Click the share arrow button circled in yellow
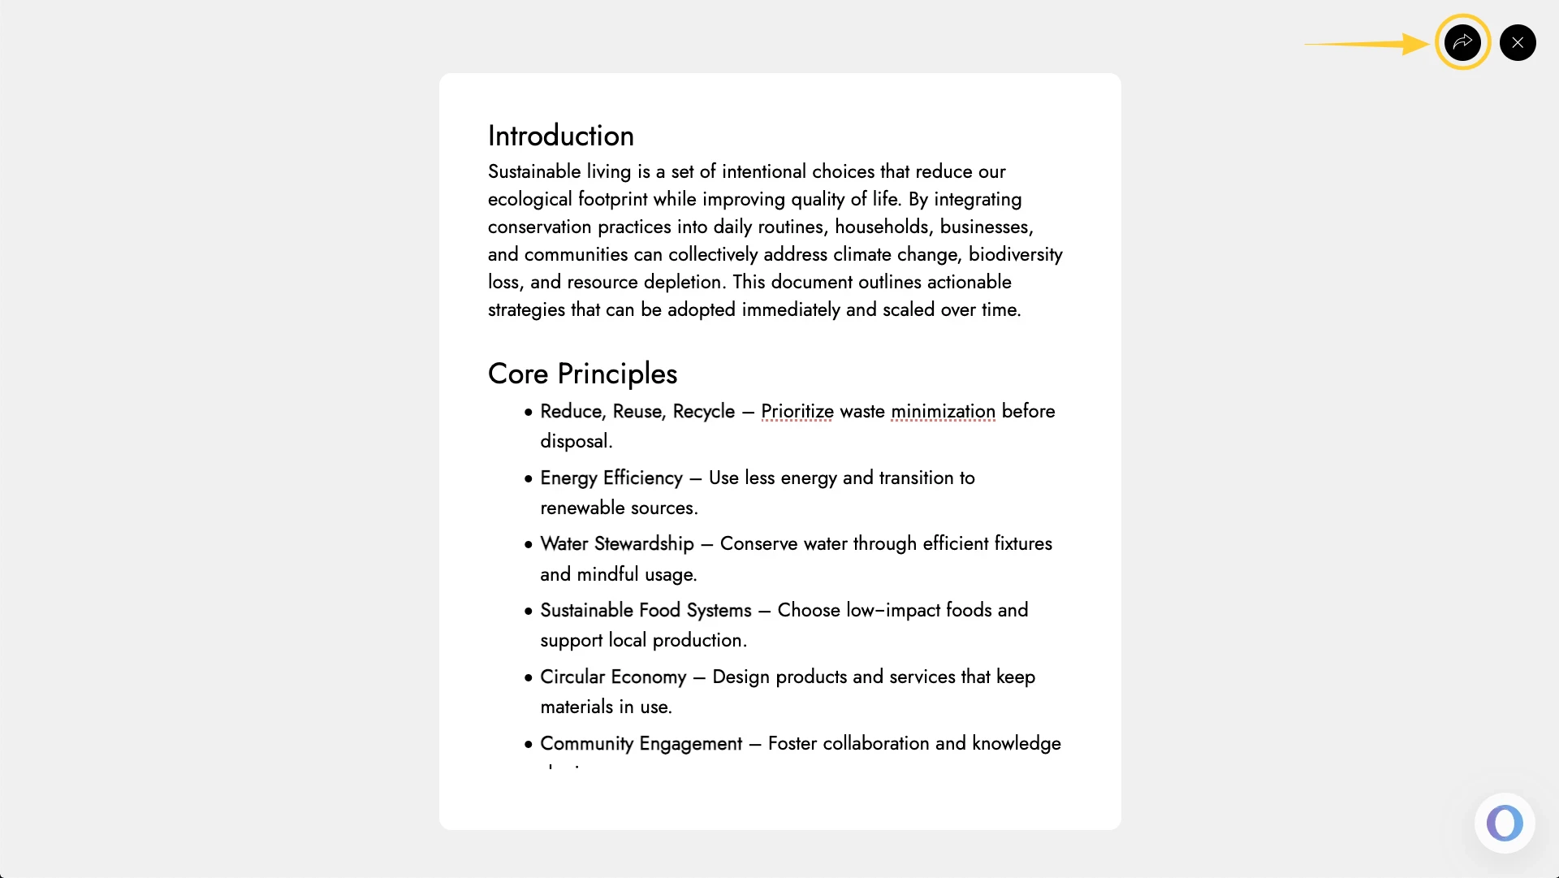pos(1462,42)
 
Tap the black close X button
pos(1518,42)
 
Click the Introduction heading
pos(560,136)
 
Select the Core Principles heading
pos(582,374)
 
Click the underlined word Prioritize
pos(797,412)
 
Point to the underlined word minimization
pos(943,412)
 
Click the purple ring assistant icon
pos(1505,823)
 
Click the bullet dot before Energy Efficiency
pos(529,479)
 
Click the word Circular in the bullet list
pos(572,677)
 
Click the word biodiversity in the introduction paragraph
pos(1015,254)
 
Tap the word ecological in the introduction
pos(529,199)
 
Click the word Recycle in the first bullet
pos(703,412)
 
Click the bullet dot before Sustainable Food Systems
pos(529,612)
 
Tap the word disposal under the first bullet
pos(576,441)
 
